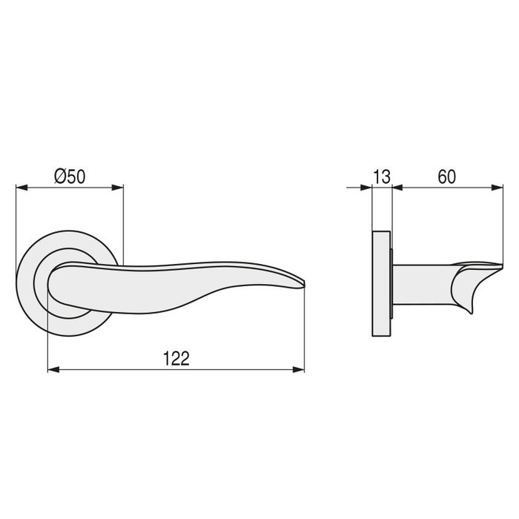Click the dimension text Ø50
pos(70,176)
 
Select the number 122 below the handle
pos(176,358)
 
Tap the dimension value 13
pos(381,176)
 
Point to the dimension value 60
pos(446,176)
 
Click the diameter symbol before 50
pos(61,176)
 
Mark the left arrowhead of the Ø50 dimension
pos(21,188)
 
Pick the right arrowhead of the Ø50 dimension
pos(119,188)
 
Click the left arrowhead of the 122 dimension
pos(52,369)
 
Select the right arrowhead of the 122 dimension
pos(300,369)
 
